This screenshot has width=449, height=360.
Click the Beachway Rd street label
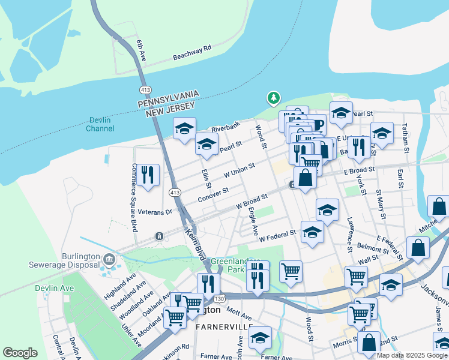point(192,52)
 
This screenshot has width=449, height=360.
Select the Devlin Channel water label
point(100,124)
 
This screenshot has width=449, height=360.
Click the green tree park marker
point(273,97)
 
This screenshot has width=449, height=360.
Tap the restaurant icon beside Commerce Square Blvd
point(148,175)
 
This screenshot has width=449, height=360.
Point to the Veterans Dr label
point(155,211)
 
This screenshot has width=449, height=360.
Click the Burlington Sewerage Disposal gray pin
point(109,260)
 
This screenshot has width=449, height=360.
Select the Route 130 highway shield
point(222,297)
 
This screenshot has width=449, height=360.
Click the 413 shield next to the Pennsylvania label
point(144,89)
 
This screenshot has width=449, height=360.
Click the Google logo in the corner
point(20,353)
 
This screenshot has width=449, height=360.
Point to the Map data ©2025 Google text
point(411,355)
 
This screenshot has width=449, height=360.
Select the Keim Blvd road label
point(195,244)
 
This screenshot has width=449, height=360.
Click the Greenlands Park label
point(231,266)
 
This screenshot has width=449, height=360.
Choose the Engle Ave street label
point(253,221)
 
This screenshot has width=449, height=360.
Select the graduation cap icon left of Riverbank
point(184,128)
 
